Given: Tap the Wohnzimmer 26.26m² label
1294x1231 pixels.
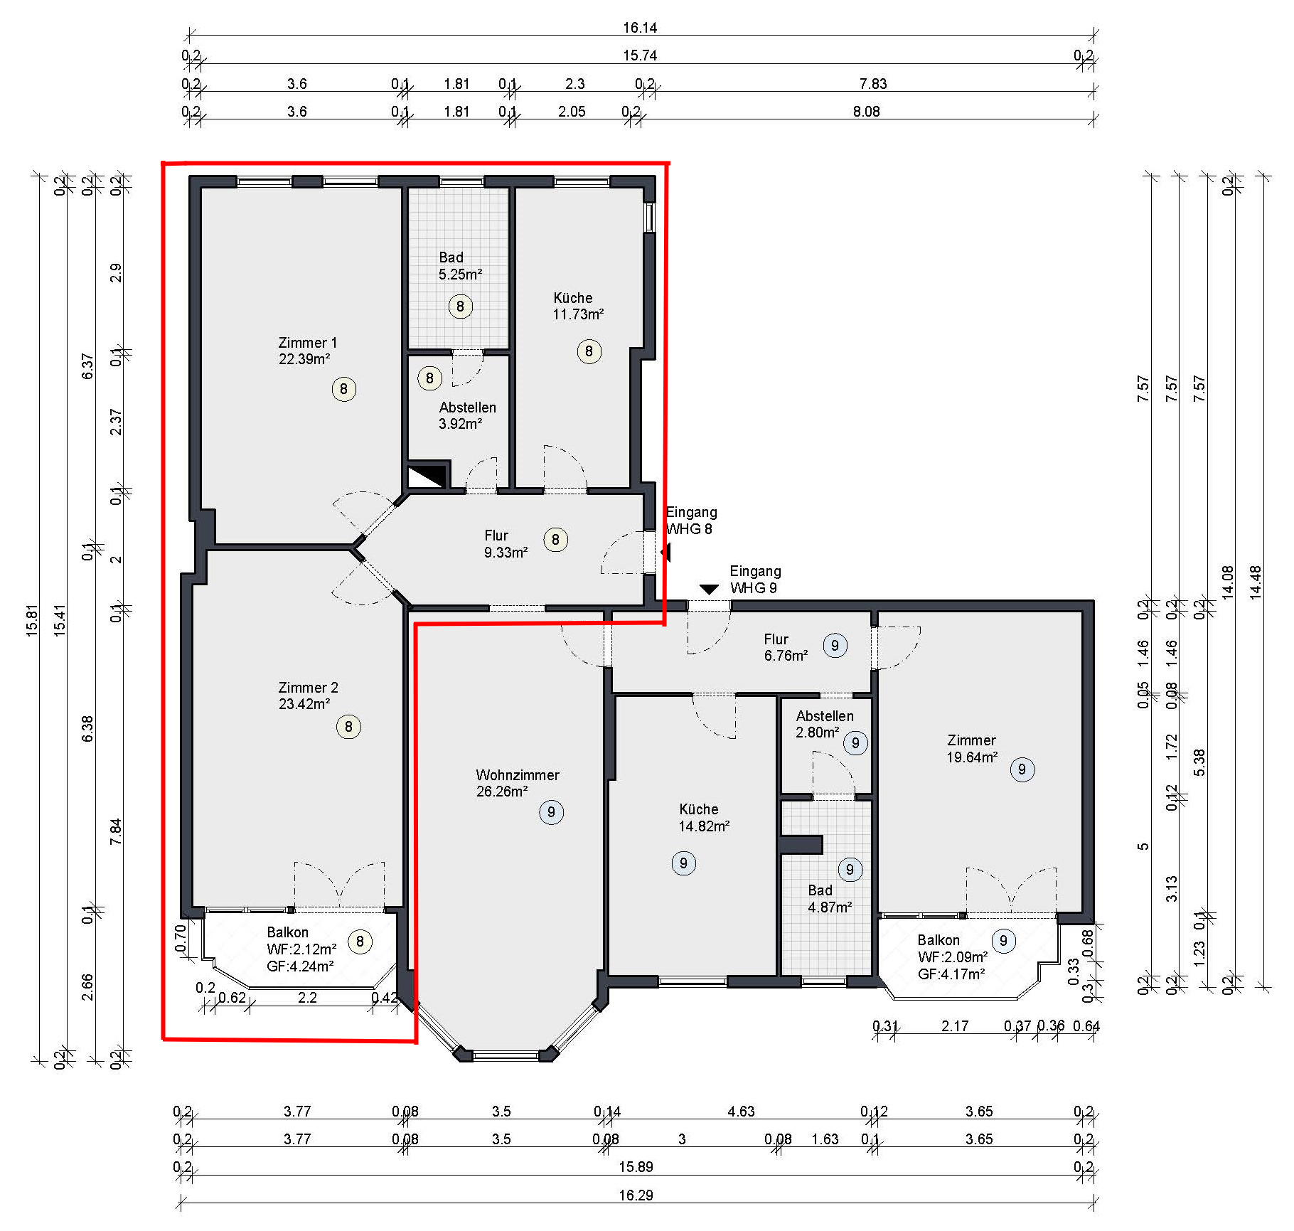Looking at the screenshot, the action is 518,783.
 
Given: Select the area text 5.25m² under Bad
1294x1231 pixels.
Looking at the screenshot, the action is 460,275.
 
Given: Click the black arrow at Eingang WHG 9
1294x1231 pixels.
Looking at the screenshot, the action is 709,590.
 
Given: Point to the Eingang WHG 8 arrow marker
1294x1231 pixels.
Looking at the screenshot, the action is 665,552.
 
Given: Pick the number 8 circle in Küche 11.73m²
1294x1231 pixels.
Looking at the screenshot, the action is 589,351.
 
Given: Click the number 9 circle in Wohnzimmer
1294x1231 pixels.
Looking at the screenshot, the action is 551,812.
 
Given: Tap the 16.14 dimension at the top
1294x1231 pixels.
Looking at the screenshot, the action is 640,28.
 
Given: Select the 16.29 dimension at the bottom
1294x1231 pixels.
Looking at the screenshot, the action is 636,1195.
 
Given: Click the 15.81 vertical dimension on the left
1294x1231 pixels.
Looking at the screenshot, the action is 32,620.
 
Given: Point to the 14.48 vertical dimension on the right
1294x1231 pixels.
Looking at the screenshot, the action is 1256,582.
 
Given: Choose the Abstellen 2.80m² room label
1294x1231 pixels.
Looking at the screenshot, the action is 825,724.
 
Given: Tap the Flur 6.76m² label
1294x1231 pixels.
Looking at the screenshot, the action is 786,647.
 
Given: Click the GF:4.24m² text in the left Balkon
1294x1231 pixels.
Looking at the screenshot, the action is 300,966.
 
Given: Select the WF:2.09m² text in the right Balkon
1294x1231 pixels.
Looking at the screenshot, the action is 953,957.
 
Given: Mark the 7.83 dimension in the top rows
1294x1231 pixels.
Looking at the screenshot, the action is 873,84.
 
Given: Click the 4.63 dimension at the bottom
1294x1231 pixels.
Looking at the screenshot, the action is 741,1112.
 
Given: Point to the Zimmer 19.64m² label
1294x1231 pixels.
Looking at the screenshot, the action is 971,749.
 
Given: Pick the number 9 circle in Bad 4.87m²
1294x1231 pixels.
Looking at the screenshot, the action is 850,869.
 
